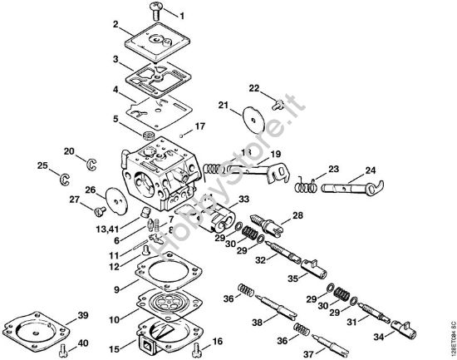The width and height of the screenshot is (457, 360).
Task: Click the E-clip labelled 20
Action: pyautogui.click(x=93, y=162)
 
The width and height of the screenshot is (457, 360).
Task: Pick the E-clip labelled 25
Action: pyautogui.click(x=63, y=178)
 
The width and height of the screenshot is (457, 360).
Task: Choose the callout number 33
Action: pyautogui.click(x=243, y=200)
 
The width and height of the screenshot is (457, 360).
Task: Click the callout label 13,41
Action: pyautogui.click(x=110, y=227)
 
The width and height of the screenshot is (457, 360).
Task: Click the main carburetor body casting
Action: pyautogui.click(x=158, y=170)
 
